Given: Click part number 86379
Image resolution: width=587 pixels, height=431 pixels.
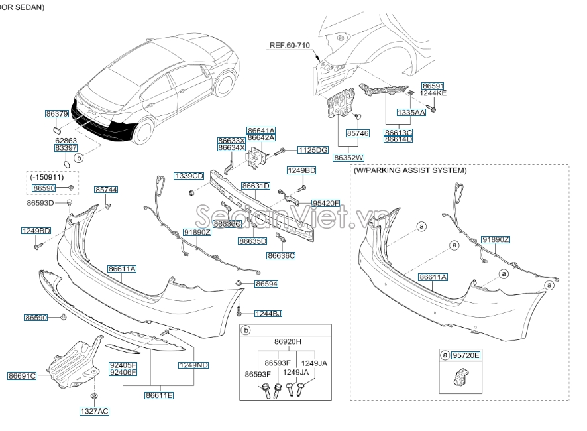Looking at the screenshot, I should pos(57,114).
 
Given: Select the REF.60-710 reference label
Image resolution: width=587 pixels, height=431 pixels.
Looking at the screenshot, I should pos(289,46).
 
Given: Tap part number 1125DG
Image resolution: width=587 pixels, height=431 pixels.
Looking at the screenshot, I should pos(313,151).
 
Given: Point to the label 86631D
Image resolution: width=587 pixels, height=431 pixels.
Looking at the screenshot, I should pos(255,186).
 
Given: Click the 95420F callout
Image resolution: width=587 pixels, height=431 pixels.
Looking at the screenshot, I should pos(325,204).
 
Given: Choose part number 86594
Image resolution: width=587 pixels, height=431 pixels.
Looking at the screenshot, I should pos(266,284).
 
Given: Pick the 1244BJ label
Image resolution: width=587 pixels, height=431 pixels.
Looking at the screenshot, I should pos(268,313).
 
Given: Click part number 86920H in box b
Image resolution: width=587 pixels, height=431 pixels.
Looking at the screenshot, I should pos(288,341).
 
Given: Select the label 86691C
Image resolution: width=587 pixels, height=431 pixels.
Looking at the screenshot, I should pos(22,376).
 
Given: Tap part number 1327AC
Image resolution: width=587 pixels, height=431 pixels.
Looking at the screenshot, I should pos(94,411).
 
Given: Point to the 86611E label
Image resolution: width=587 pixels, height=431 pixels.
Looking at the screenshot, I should pos(159,395).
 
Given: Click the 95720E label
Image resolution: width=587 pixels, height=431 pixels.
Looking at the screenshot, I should pos(466,356).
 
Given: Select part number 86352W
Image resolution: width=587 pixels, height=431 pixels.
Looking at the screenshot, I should pos(349,158).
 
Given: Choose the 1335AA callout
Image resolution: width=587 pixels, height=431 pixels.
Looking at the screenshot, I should pos(411,113).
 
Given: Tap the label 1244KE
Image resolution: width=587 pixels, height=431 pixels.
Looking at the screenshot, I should pos(433,93).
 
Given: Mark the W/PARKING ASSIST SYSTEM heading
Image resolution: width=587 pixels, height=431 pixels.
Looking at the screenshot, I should pos(410,170).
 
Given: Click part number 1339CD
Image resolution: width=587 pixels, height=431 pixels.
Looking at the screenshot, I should pos(189,176).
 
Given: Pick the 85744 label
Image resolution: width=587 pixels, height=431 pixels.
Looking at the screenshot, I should pos(106,190).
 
